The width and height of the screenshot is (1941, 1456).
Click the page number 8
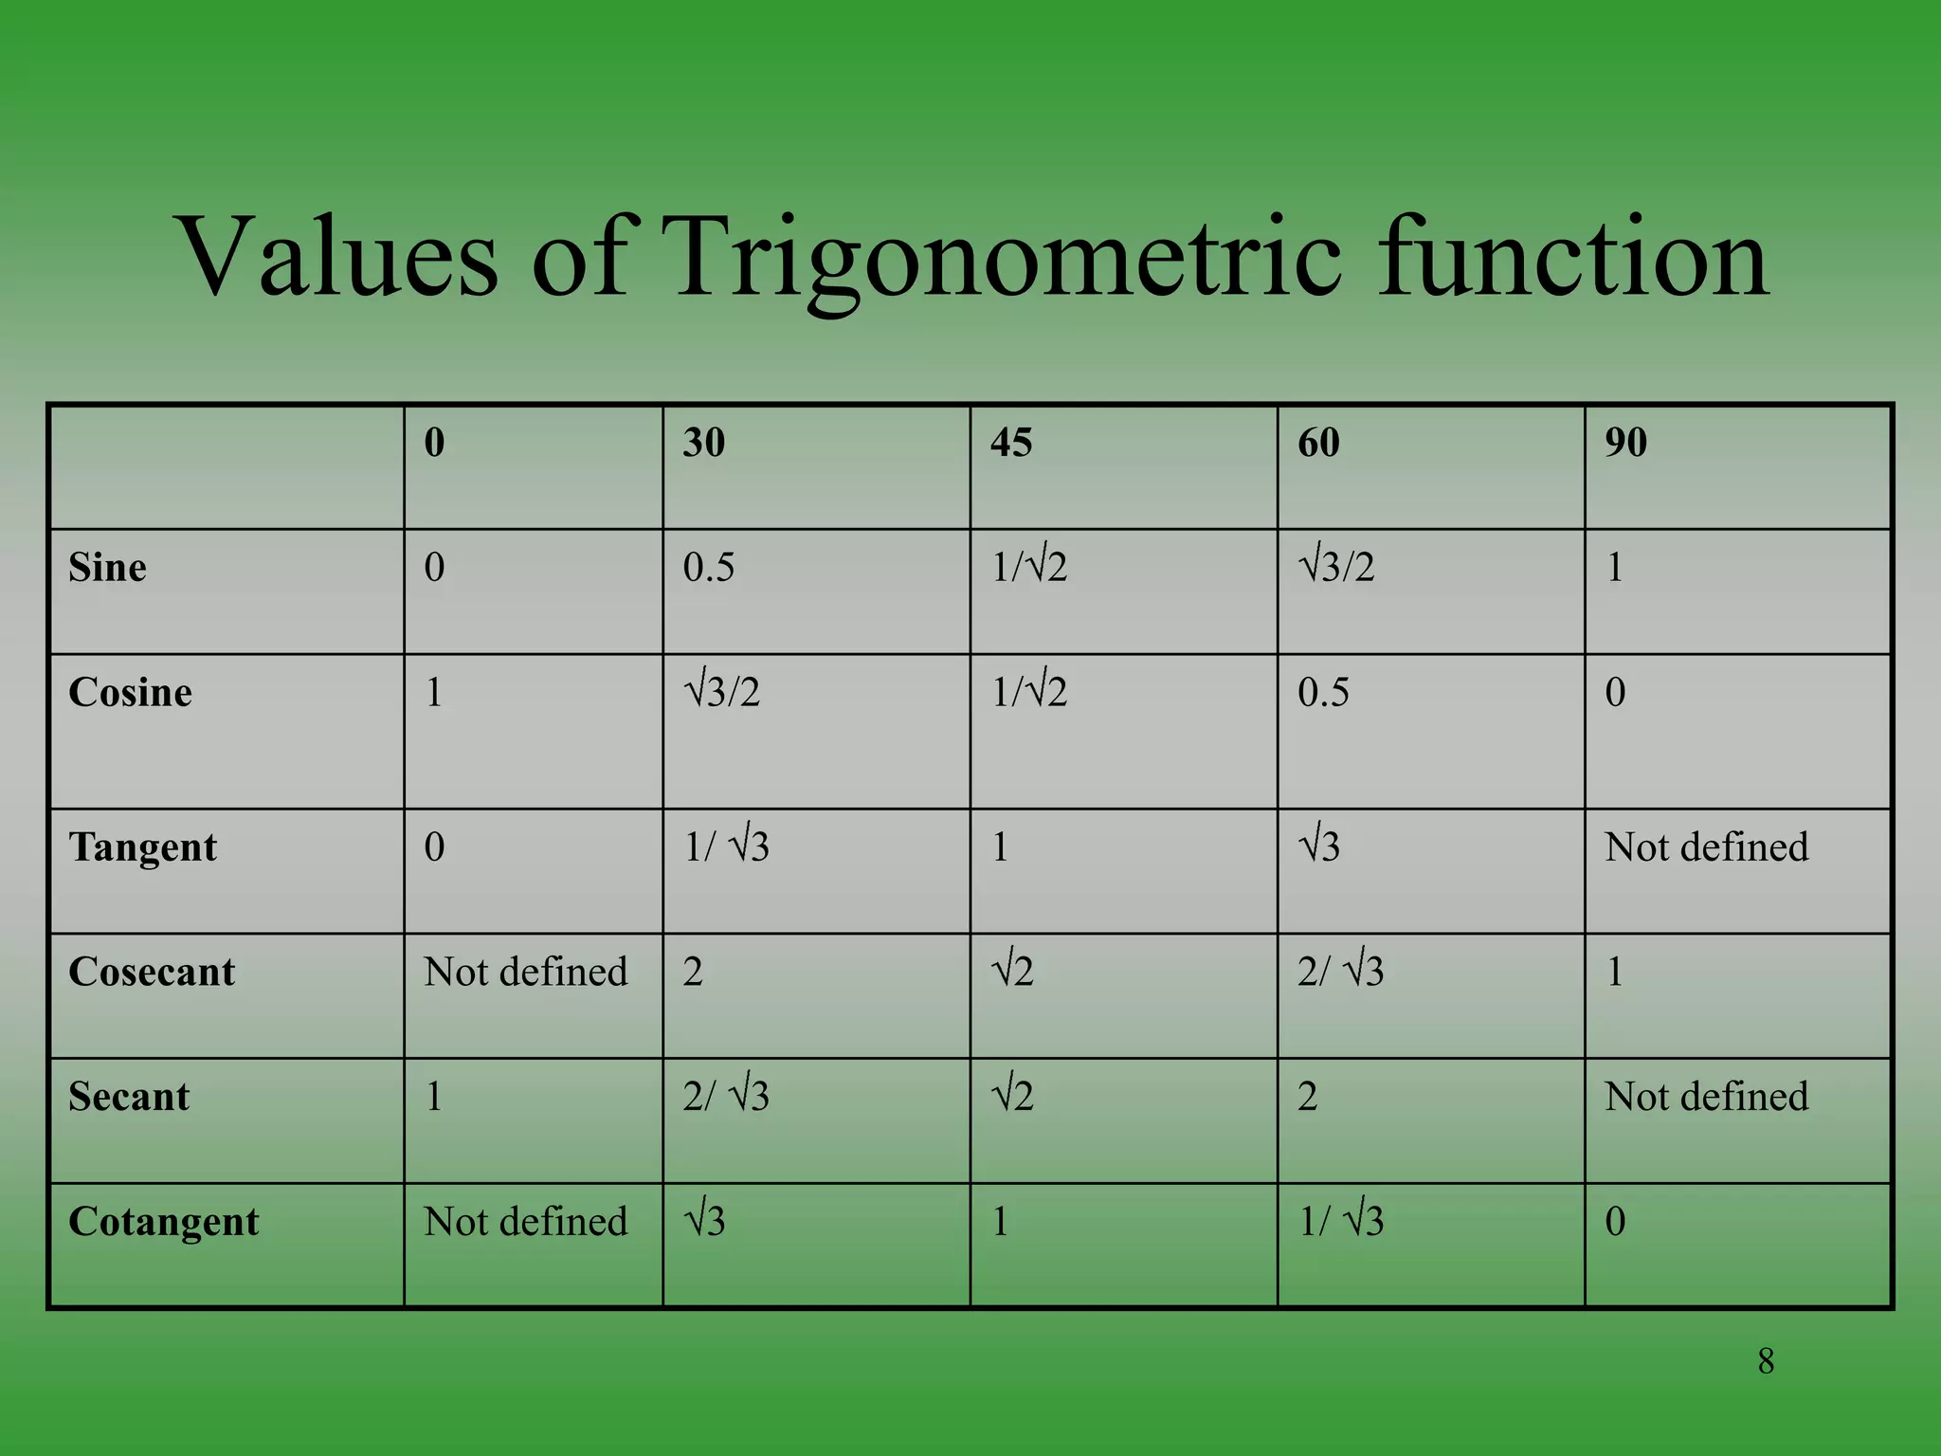click(x=1766, y=1361)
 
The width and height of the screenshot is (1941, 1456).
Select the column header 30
click(x=704, y=443)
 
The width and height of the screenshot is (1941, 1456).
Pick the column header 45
click(x=1011, y=443)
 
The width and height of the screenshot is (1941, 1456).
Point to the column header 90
click(x=1625, y=443)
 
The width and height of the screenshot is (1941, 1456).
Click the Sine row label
click(x=108, y=568)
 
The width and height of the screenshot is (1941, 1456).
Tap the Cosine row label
click(x=131, y=693)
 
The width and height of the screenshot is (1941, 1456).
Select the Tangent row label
click(x=143, y=847)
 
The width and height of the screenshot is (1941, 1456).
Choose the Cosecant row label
click(x=152, y=973)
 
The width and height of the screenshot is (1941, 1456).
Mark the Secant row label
click(x=129, y=1097)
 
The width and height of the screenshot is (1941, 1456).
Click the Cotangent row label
click(x=164, y=1222)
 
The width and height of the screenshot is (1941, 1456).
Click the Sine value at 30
click(x=709, y=568)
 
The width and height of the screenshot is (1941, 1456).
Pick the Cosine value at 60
click(x=1323, y=693)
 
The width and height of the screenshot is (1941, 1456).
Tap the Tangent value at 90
click(x=1706, y=847)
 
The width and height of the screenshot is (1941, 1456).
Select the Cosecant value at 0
click(x=526, y=973)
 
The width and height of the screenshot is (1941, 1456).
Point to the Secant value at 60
click(x=1308, y=1097)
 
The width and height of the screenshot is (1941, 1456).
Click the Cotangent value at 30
click(x=705, y=1222)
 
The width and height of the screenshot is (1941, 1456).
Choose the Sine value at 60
click(x=1336, y=568)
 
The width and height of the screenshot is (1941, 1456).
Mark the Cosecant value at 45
click(x=1012, y=973)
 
